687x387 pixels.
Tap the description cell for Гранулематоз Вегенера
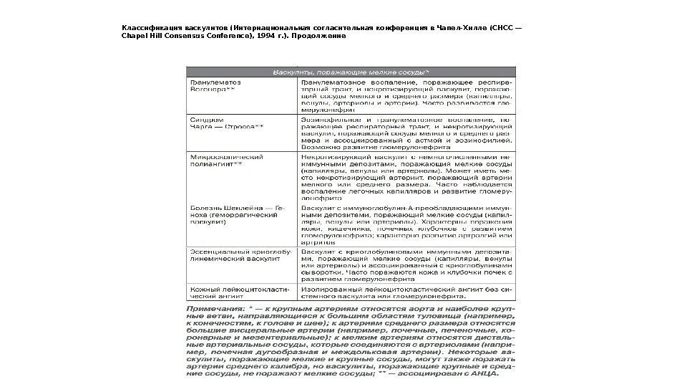tap(406, 96)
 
